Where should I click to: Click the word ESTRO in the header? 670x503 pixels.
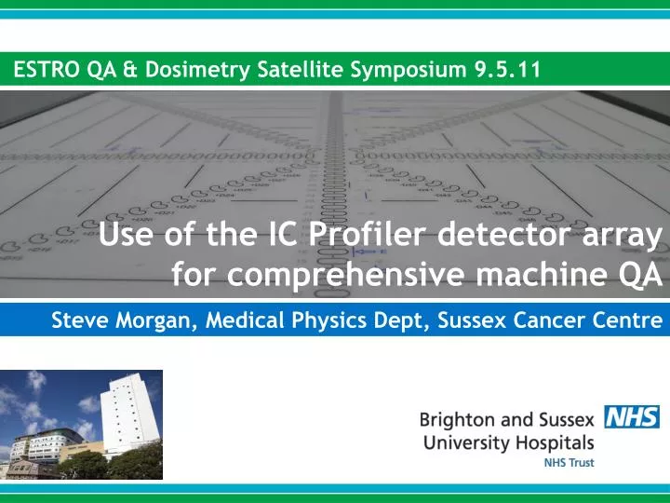click(x=47, y=69)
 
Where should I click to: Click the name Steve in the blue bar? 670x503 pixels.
click(x=77, y=321)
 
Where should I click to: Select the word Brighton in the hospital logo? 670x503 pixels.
click(x=458, y=419)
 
